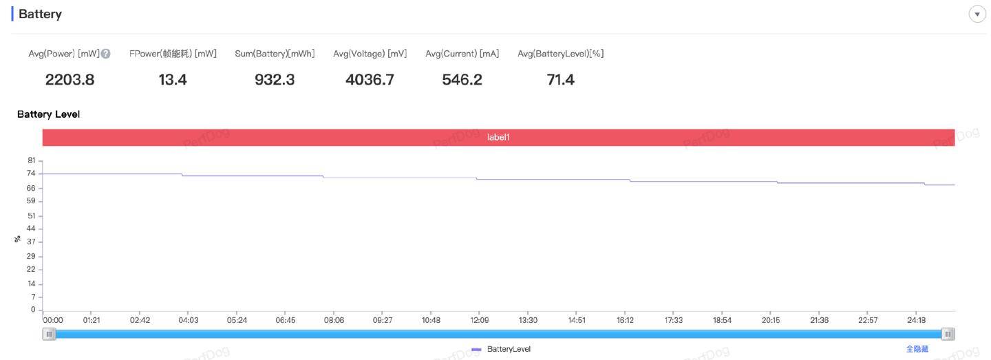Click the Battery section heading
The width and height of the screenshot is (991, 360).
click(x=40, y=14)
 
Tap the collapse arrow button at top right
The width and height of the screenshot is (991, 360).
click(x=977, y=14)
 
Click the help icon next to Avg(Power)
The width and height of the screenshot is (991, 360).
click(x=105, y=54)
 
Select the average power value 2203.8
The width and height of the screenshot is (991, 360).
click(x=70, y=80)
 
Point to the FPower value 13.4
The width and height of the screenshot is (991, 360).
click(x=173, y=80)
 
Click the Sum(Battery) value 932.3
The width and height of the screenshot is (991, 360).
click(x=275, y=80)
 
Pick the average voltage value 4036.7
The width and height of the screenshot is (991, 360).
click(x=370, y=80)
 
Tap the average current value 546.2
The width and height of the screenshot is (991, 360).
click(x=462, y=80)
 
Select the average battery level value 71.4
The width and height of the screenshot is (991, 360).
click(x=560, y=80)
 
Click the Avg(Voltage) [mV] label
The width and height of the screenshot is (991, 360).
click(x=370, y=54)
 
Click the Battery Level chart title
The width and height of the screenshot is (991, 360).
click(x=48, y=114)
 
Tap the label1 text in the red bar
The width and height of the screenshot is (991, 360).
click(x=498, y=138)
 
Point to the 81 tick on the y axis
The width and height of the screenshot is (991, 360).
click(x=31, y=160)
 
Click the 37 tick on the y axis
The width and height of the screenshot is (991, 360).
click(x=31, y=242)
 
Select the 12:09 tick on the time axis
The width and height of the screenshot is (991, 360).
click(x=479, y=320)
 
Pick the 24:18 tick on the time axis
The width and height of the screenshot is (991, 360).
click(x=917, y=320)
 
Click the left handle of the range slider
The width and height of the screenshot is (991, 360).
click(x=49, y=334)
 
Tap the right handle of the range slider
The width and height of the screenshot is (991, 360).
click(x=948, y=334)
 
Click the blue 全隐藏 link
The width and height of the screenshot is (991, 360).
click(x=917, y=349)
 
